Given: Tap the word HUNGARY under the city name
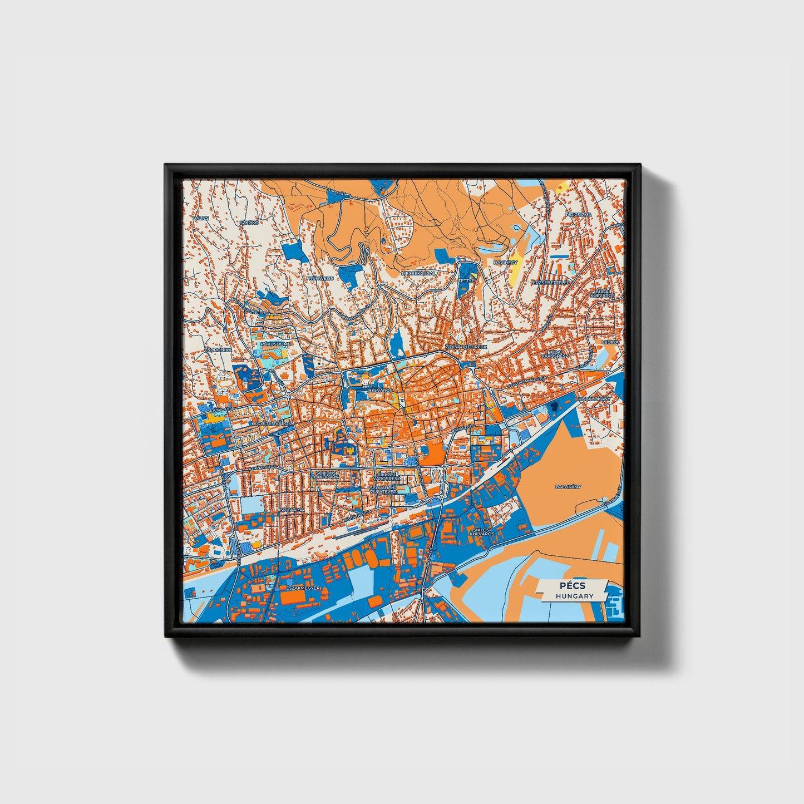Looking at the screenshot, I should [x=574, y=596].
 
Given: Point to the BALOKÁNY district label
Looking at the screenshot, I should [x=568, y=486].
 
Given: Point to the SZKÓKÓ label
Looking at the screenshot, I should [x=248, y=222].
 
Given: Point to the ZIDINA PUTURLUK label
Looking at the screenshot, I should [x=466, y=346].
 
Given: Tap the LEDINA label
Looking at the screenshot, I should [x=610, y=342].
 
